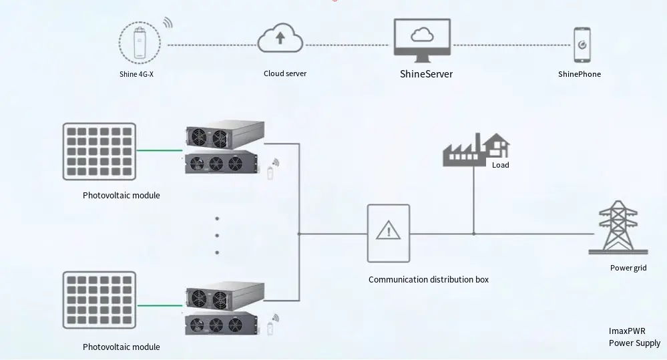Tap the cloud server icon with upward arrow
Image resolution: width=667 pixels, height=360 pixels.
(x=280, y=37)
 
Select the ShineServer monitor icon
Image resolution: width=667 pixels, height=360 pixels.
(x=421, y=39)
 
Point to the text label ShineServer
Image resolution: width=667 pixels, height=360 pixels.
(x=425, y=74)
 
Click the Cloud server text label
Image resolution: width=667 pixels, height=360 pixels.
(x=285, y=73)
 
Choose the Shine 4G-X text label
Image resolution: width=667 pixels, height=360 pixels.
(x=136, y=74)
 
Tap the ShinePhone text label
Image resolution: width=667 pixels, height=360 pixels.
(x=580, y=74)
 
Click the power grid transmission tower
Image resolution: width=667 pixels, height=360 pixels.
(x=617, y=228)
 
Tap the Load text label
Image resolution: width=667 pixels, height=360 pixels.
(x=500, y=165)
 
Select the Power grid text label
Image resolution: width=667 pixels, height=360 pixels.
(x=628, y=268)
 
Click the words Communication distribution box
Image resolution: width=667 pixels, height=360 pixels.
(x=429, y=279)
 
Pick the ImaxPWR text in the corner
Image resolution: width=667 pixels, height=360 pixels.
(x=627, y=331)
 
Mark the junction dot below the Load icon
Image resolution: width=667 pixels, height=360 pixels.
(x=473, y=234)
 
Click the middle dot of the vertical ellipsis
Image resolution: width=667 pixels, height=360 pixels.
(x=218, y=235)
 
